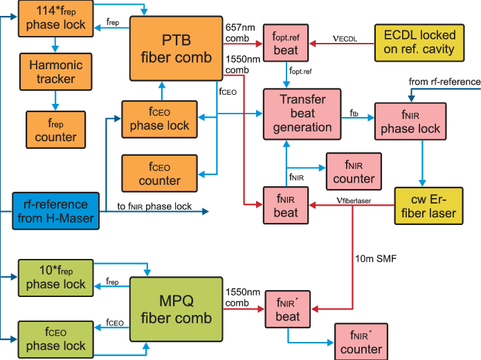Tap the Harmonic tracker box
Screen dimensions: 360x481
click(55, 72)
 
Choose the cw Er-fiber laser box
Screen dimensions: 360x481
click(424, 205)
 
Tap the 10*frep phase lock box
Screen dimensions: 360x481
click(55, 277)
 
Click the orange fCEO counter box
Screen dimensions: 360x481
click(159, 173)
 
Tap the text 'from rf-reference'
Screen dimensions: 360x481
click(444, 82)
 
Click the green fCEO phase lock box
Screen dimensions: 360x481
click(55, 339)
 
